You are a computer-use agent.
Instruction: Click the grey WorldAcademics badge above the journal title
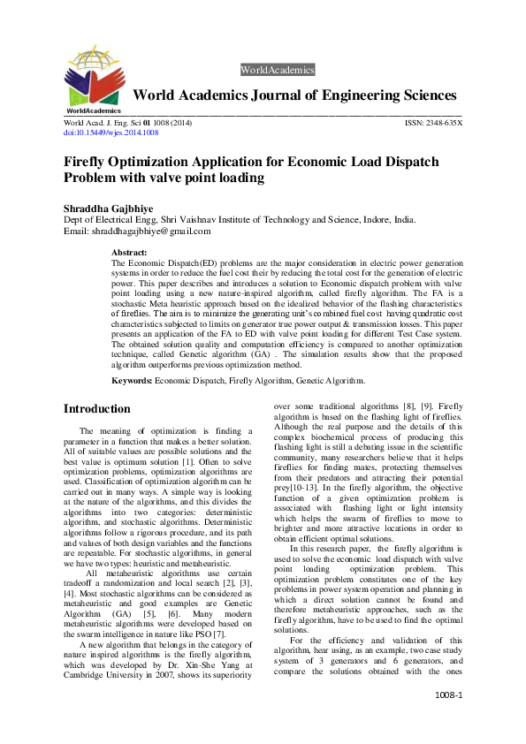click(x=277, y=70)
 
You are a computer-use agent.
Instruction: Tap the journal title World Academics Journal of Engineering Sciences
click(x=294, y=95)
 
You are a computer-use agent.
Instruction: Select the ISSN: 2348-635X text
click(x=433, y=123)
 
